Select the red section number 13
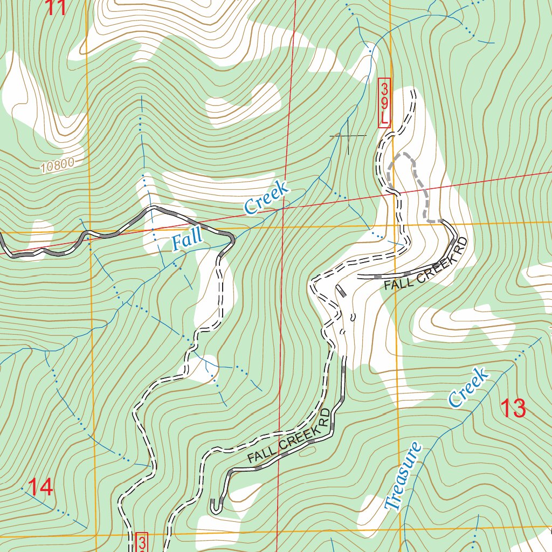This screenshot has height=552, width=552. pyautogui.click(x=513, y=409)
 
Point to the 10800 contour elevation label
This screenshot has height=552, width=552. pyautogui.click(x=56, y=165)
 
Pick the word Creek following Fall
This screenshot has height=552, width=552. pyautogui.click(x=267, y=198)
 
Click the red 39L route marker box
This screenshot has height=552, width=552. pyautogui.click(x=384, y=102)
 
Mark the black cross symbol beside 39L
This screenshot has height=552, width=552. pyautogui.click(x=348, y=136)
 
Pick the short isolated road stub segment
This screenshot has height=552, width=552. pyautogui.click(x=341, y=292)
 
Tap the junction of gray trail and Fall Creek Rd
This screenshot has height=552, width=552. pyautogui.click(x=442, y=220)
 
